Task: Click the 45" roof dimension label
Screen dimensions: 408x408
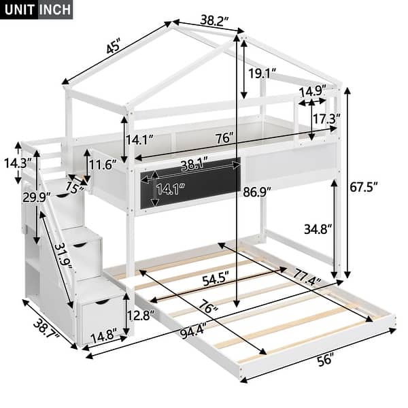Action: [113, 48]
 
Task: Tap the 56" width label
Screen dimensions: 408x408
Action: [326, 360]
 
